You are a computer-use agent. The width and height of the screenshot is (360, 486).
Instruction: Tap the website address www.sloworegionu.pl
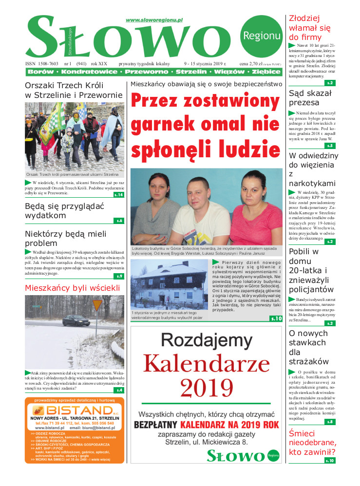click(x=153, y=20)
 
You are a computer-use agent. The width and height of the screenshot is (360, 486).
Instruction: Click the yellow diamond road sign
click(x=97, y=305)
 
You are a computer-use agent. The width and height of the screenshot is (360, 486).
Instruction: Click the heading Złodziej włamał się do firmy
click(x=310, y=28)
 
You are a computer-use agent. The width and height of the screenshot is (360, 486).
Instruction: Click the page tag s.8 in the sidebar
click(x=330, y=422)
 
